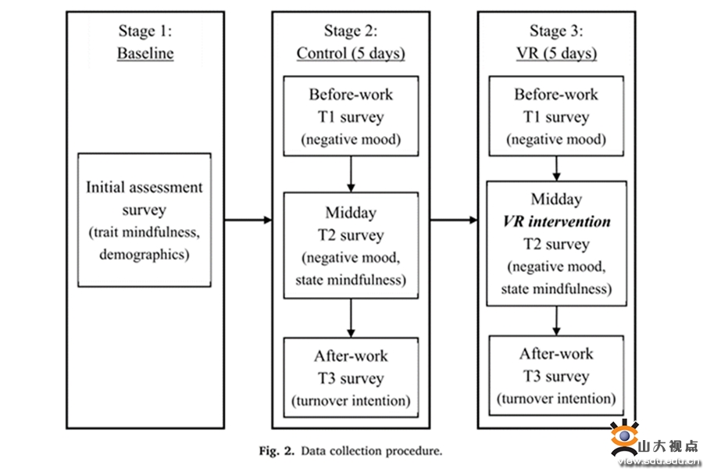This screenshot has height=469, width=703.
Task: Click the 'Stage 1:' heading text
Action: click(x=145, y=31)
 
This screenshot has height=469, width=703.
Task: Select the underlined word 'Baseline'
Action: click(x=145, y=53)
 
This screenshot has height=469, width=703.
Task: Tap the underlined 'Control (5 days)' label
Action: click(x=351, y=53)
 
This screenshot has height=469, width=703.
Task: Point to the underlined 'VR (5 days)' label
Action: click(x=556, y=53)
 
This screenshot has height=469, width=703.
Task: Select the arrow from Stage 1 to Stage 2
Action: click(x=248, y=220)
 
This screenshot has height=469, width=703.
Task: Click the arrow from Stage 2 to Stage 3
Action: click(x=454, y=220)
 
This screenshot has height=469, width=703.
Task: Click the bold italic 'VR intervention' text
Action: click(x=556, y=221)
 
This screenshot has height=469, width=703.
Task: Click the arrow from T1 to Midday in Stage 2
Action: click(x=351, y=174)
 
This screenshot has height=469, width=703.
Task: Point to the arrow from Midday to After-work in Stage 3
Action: click(x=556, y=321)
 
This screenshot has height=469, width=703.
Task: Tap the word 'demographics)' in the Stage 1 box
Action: click(x=145, y=255)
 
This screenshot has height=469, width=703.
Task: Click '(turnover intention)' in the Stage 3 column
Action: click(x=556, y=399)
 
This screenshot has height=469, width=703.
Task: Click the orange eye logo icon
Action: click(x=623, y=438)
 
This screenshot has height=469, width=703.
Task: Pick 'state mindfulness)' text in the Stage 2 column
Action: click(x=351, y=280)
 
